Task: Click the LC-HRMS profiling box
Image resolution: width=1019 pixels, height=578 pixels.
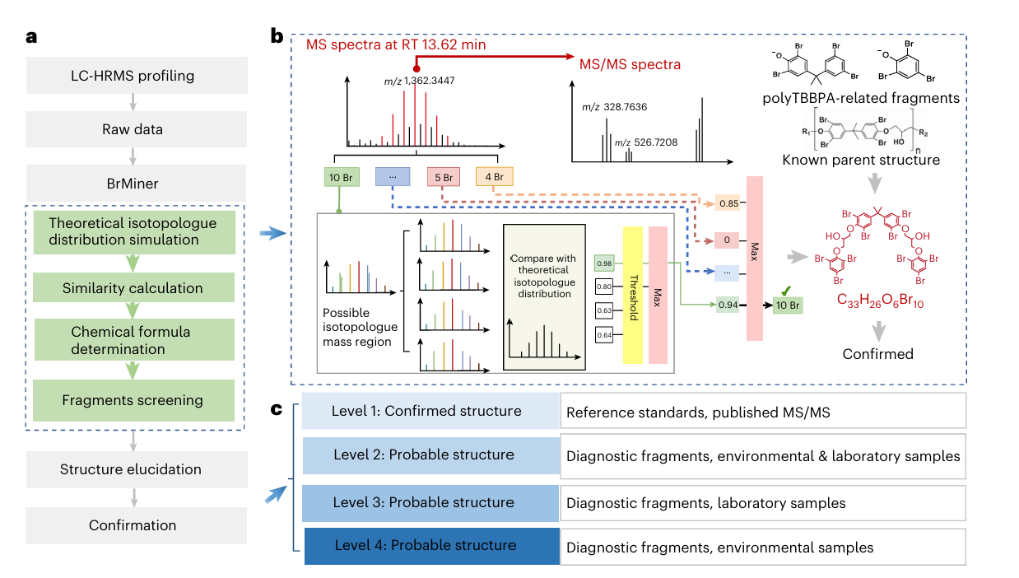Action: pyautogui.click(x=136, y=76)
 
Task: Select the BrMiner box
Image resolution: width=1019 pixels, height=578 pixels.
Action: pyautogui.click(x=136, y=183)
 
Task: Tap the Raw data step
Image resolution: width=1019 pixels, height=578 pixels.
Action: pyautogui.click(x=136, y=129)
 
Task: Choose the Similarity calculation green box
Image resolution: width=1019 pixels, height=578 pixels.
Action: pyautogui.click(x=133, y=288)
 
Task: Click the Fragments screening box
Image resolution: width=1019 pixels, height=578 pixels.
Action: pyautogui.click(x=133, y=400)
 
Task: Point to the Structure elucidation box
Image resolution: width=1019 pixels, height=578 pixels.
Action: pyautogui.click(x=136, y=469)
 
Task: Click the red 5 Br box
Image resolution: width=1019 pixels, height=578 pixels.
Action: pyautogui.click(x=444, y=176)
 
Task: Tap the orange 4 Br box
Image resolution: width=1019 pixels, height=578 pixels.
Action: pyautogui.click(x=495, y=176)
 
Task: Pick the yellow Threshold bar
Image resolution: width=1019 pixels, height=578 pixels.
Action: pyautogui.click(x=633, y=294)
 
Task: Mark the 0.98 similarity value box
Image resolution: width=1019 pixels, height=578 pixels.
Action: pyautogui.click(x=604, y=262)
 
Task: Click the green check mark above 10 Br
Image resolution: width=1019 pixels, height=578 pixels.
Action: pyautogui.click(x=788, y=290)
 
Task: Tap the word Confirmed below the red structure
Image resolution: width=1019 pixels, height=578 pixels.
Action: pyautogui.click(x=878, y=354)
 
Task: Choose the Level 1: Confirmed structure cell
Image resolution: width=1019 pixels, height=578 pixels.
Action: pyautogui.click(x=426, y=411)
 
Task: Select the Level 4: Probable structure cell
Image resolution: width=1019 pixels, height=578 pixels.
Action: pyautogui.click(x=425, y=546)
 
